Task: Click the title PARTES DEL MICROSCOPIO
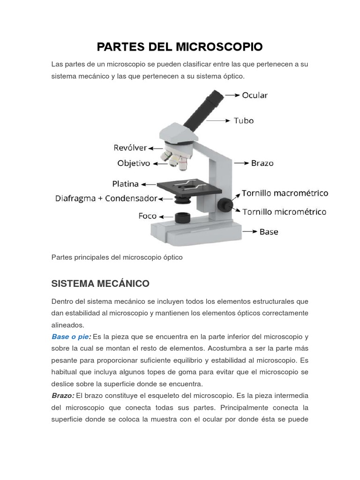coord(180,47)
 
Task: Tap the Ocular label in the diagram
coord(255,95)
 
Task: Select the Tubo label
coord(244,120)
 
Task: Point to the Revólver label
coord(130,148)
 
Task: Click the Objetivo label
coord(134,163)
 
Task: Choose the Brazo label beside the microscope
coord(262,163)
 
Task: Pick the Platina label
coord(126,184)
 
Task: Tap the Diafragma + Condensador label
coord(106,198)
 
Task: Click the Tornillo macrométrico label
coord(285,193)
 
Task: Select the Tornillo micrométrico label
coord(284,212)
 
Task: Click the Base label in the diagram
coord(269,232)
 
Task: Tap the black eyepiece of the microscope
coord(213,98)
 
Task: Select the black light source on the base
coord(182,217)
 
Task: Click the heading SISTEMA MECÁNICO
coord(100,284)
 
